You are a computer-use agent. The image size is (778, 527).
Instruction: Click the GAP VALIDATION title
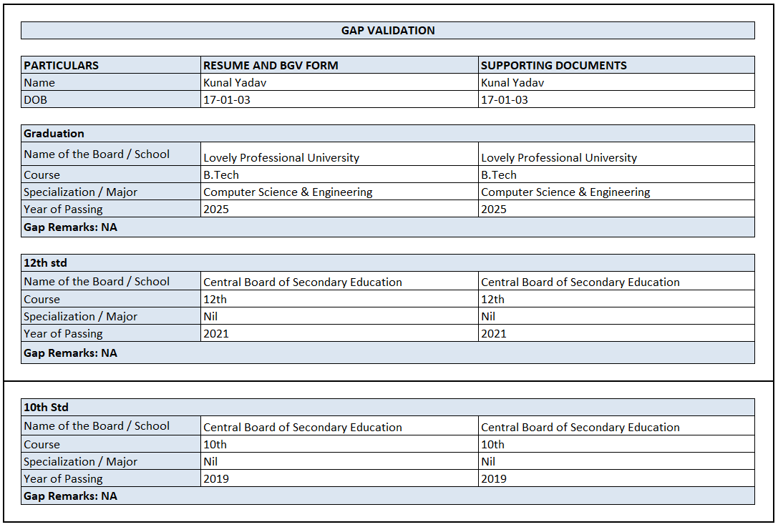point(388,30)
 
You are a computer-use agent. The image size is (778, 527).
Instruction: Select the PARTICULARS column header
point(62,65)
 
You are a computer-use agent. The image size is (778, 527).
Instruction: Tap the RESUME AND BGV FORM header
point(271,65)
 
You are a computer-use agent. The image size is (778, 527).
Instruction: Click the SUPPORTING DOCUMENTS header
point(553,65)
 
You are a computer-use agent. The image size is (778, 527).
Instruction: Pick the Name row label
point(39,82)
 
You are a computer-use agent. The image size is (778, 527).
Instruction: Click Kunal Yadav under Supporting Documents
point(512,82)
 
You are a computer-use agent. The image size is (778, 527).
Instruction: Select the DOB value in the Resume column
point(227,99)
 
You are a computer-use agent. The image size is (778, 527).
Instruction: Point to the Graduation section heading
point(54,134)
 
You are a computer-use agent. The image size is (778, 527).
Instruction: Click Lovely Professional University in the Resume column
point(281,157)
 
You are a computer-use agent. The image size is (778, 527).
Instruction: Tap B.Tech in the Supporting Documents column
point(498,174)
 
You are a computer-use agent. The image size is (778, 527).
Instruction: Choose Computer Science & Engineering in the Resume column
point(288,192)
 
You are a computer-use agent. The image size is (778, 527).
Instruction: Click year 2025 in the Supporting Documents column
point(493,209)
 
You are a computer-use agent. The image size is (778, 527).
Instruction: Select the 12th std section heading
point(45,263)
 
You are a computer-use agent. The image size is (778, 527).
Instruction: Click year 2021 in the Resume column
point(216,333)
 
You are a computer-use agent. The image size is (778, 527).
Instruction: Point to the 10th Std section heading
point(46,407)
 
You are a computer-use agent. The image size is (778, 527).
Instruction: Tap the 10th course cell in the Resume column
point(215,444)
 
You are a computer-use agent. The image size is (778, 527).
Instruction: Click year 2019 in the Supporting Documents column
point(493,478)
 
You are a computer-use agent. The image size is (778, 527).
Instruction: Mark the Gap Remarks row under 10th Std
point(70,496)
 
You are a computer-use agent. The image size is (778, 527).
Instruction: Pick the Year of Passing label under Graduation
point(63,209)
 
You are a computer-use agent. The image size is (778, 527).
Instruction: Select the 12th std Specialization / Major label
point(80,316)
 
